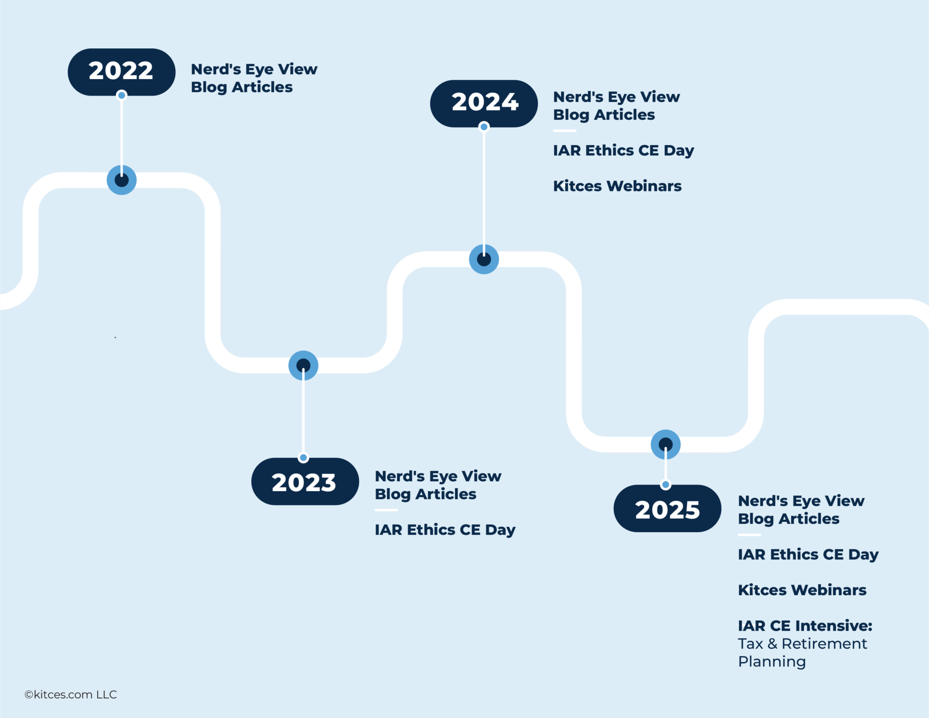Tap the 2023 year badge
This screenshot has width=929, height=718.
305,482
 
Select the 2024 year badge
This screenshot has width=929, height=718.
484,103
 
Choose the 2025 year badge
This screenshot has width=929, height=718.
667,509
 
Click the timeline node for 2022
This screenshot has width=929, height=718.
122,180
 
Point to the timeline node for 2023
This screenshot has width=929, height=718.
303,365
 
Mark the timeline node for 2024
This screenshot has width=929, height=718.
484,259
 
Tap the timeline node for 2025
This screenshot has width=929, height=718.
666,444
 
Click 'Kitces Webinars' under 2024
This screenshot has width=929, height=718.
617,186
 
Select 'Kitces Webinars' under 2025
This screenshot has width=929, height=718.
802,590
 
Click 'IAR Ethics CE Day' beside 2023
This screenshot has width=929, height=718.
445,530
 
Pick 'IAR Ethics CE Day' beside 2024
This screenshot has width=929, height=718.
623,151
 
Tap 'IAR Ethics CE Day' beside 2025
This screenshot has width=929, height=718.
808,554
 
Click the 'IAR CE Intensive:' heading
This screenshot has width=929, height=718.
805,626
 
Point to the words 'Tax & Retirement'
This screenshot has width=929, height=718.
802,644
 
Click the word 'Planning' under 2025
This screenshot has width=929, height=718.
772,661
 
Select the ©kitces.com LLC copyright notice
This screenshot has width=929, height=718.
71,694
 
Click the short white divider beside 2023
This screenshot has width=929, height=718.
386,510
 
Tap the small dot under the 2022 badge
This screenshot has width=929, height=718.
122,95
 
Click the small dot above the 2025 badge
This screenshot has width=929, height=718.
666,485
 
